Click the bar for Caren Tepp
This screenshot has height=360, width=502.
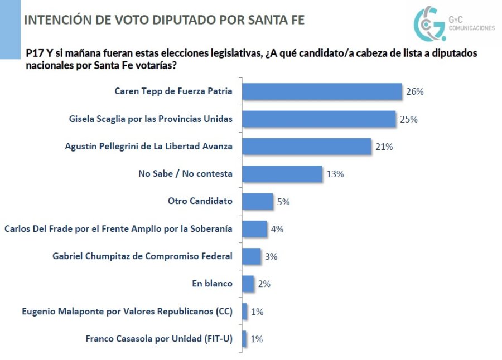click(322, 91)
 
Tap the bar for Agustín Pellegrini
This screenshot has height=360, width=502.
click(307, 147)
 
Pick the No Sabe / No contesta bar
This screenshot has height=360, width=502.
click(282, 174)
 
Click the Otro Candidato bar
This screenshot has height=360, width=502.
click(258, 201)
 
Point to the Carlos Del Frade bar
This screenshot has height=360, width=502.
click(255, 228)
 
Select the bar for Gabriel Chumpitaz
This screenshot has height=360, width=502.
click(252, 256)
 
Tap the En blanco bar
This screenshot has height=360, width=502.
click(248, 284)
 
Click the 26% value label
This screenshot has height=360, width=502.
click(415, 91)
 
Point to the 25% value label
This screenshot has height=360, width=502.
click(409, 119)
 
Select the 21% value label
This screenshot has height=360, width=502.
click(384, 147)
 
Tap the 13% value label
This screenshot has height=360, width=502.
click(335, 174)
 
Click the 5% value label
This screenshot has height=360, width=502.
click(283, 202)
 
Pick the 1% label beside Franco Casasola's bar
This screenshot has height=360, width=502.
click(257, 339)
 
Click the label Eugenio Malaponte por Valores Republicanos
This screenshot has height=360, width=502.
click(127, 311)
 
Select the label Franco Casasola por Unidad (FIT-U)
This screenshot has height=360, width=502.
click(159, 338)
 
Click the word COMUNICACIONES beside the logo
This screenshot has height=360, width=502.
click(471, 27)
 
